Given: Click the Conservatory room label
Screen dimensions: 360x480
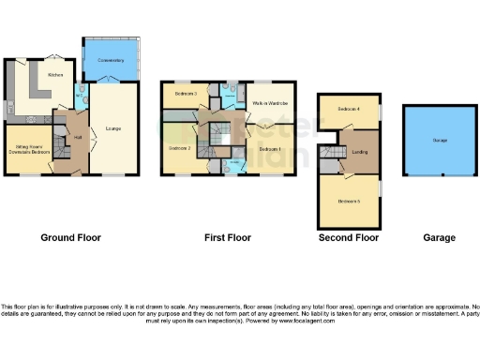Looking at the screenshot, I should [112, 60].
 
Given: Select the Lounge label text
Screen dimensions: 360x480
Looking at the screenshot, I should [112, 127].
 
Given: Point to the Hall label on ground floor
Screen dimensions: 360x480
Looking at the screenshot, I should [76, 137].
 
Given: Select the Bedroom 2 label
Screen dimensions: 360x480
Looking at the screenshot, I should [180, 148].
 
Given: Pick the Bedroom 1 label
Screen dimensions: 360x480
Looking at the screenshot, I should [270, 149].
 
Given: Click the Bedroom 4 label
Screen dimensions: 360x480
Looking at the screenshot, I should [349, 110].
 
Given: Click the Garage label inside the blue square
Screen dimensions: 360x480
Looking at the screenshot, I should [439, 140].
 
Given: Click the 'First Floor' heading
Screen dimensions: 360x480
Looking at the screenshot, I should [228, 238].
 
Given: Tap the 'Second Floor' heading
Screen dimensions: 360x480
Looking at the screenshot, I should [349, 238].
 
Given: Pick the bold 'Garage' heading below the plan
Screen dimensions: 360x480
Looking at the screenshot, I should [439, 238].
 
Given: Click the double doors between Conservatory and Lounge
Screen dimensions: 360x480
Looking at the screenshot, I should [112, 80].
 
